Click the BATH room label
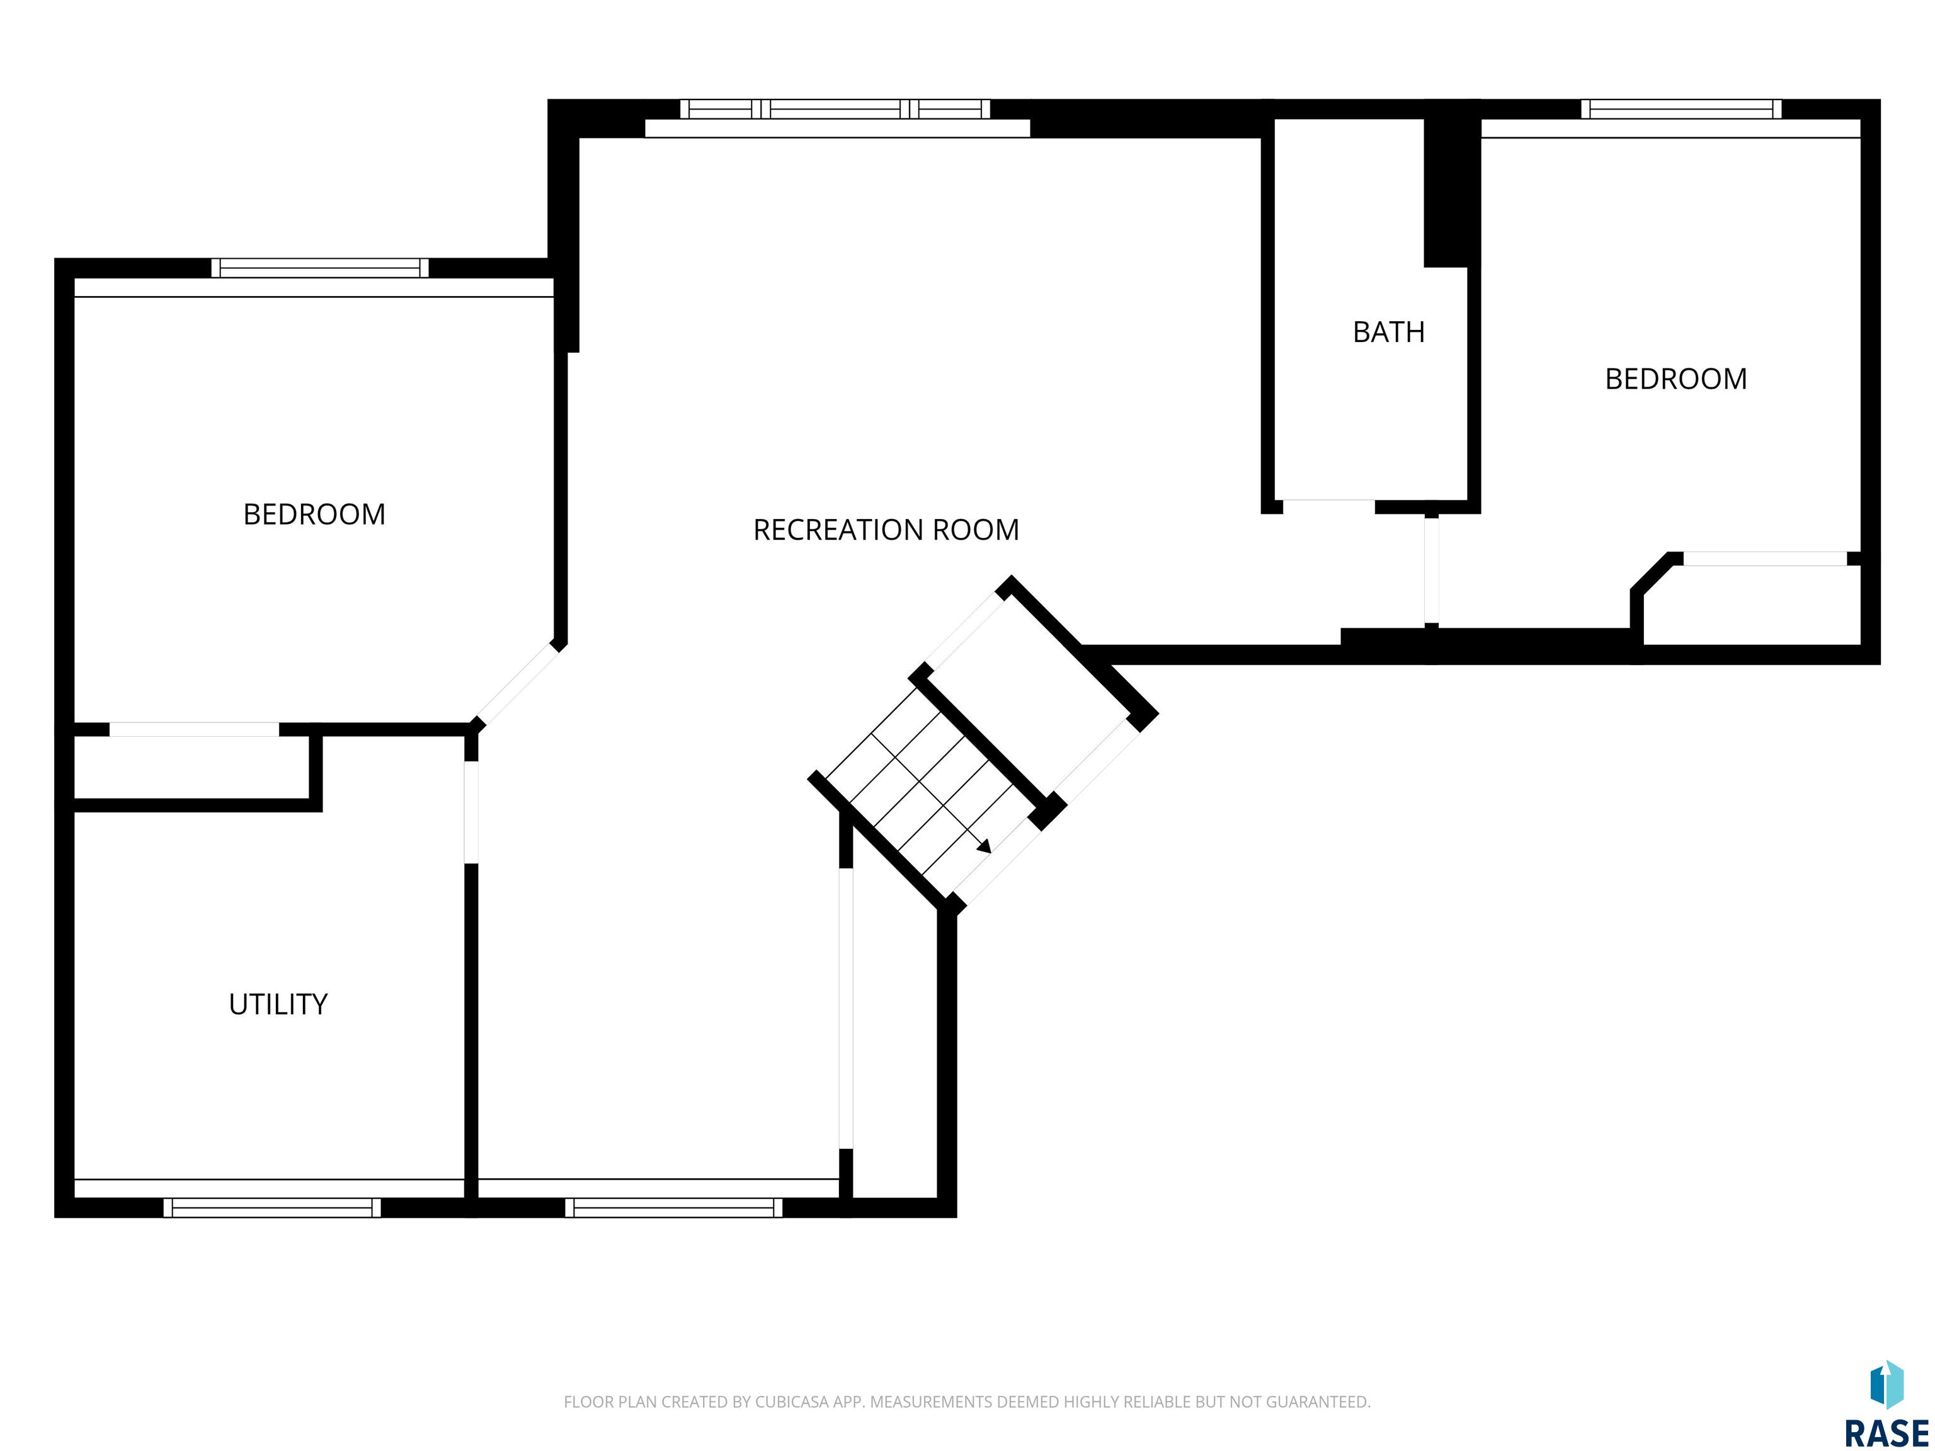1388,333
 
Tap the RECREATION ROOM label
886,530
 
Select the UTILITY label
278,1004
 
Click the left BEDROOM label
314,515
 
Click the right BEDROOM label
1676,378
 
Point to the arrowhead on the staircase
985,846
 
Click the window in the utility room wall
272,1207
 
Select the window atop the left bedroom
320,268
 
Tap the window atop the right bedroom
1681,110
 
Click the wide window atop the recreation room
835,110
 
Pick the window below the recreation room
673,1207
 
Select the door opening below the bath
1329,506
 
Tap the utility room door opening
471,812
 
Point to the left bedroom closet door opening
194,729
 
